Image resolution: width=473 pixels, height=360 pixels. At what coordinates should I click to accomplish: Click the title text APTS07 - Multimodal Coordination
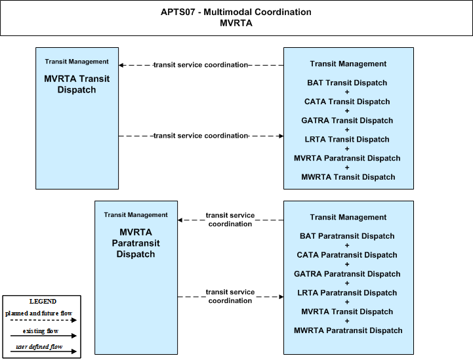(236, 12)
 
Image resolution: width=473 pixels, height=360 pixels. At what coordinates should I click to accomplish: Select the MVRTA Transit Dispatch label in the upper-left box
(77, 84)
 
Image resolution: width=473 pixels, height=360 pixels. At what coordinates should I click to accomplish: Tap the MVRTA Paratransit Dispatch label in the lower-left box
(136, 243)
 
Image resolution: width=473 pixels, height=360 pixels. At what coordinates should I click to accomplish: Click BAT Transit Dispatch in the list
(347, 83)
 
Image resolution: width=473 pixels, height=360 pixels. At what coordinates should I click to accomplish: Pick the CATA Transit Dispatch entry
(347, 102)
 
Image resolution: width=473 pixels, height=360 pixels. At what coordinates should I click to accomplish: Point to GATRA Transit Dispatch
(347, 120)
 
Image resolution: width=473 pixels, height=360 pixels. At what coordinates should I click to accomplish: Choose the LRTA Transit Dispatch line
(347, 139)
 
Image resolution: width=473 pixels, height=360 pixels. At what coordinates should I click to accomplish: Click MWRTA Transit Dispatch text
(348, 177)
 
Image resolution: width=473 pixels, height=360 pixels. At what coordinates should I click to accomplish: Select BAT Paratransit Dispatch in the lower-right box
(347, 236)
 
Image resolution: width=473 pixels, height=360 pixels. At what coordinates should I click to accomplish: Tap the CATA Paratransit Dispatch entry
(347, 255)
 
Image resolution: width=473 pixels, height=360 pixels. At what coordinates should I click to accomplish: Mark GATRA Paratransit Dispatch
(347, 273)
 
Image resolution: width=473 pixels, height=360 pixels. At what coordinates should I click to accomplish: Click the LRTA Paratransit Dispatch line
(347, 292)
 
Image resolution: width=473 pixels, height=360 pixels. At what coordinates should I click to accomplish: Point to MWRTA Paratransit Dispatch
(348, 330)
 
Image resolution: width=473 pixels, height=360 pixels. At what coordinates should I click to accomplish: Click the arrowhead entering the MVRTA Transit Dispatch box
(121, 65)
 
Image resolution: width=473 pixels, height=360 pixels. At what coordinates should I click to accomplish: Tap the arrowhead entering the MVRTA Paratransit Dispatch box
(180, 220)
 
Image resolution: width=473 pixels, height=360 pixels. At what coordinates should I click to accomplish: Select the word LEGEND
(43, 302)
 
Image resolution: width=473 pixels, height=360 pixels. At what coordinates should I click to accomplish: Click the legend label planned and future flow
(39, 313)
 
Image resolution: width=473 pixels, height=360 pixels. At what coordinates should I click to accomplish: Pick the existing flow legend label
(41, 331)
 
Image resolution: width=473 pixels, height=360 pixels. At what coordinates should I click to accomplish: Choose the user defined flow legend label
(39, 347)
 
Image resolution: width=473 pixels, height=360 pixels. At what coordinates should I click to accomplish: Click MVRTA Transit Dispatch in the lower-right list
(347, 311)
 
